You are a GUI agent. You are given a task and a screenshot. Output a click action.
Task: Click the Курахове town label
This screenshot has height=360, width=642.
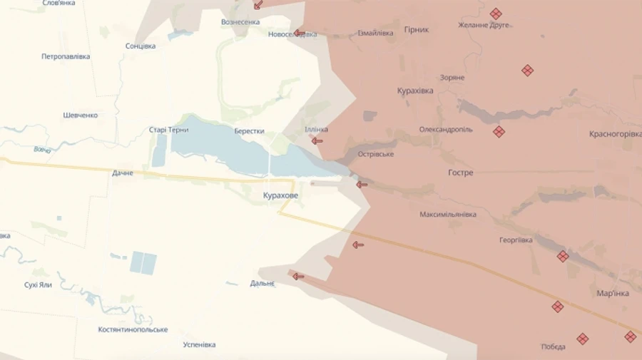280,195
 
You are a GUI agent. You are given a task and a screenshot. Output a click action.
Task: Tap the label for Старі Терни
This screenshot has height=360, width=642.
168,130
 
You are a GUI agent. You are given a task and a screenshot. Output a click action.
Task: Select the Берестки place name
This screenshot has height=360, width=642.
249,131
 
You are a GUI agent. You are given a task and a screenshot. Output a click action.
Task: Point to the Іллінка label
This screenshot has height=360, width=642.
316,129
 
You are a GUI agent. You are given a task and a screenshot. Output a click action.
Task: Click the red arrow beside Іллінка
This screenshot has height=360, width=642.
317,141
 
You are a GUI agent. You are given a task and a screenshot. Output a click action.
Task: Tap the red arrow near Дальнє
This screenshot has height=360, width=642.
297,276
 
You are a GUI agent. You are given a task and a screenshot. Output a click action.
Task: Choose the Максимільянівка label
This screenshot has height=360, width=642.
448,214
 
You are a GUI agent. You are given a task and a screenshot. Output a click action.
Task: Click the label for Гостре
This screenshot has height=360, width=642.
460,173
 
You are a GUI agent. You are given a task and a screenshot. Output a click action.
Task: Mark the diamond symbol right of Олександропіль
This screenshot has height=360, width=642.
499,131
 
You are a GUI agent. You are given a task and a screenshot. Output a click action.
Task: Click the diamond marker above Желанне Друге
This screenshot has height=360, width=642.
495,14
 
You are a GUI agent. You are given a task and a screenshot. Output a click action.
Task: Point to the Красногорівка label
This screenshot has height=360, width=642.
614,134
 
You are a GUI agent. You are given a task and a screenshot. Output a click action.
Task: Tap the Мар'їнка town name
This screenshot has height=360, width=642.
612,293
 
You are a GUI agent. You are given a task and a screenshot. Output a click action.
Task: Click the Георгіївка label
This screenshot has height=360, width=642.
515,240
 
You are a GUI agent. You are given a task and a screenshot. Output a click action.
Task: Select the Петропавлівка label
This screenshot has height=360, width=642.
66,56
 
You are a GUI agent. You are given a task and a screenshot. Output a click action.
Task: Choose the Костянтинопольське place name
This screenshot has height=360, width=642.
133,329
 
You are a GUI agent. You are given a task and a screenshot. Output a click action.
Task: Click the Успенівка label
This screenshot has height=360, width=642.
199,345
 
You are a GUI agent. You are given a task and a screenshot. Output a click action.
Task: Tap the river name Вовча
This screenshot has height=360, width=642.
42,149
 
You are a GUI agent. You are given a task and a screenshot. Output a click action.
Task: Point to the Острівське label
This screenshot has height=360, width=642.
374,154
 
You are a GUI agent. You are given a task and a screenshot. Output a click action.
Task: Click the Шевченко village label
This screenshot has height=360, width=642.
80,115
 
